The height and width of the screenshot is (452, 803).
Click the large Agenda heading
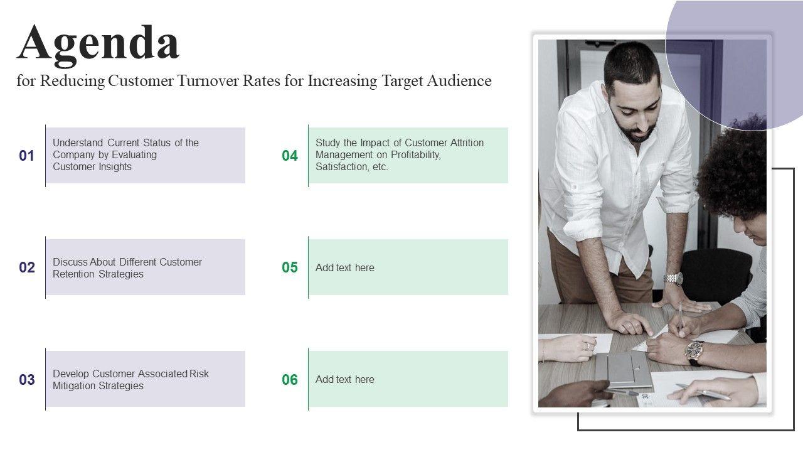[x=98, y=45]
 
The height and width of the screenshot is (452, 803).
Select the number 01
[x=26, y=156]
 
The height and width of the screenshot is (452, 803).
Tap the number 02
[x=27, y=267]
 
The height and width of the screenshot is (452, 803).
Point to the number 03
[x=27, y=380]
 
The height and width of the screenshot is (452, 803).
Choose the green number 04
[x=290, y=156]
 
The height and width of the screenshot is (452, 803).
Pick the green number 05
[x=290, y=267]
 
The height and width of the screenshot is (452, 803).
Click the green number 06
[x=290, y=380]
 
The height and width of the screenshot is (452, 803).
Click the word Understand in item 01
[x=78, y=143]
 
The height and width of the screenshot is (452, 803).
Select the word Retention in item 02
[x=73, y=274]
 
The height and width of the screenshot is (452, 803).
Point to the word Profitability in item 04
[x=415, y=155]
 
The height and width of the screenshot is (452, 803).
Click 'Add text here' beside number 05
[x=345, y=267]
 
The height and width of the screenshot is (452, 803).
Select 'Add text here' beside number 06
[x=345, y=380]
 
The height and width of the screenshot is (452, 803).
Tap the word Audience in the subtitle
[x=459, y=80]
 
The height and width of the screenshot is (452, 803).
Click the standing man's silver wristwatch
[x=673, y=279]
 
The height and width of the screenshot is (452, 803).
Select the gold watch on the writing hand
[x=694, y=353]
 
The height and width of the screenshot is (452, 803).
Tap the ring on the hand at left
[x=588, y=346]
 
